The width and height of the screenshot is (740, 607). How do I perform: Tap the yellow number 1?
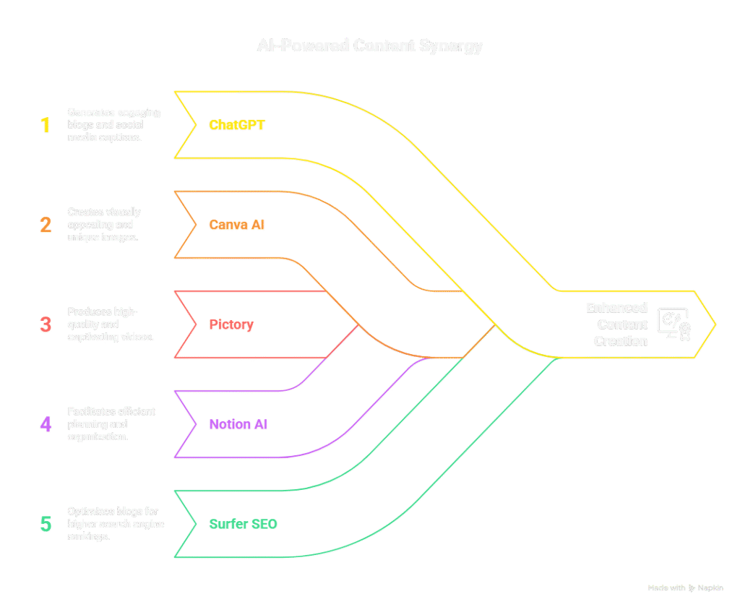coord(46,125)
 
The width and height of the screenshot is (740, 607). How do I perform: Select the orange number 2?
coord(46,225)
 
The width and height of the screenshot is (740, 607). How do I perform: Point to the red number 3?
coord(46,324)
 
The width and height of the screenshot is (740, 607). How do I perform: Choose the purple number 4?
coord(46,424)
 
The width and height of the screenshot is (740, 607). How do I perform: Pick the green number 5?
coord(46,524)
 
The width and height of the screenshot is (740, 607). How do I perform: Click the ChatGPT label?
coord(237,125)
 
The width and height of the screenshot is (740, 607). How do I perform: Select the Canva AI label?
coord(237,225)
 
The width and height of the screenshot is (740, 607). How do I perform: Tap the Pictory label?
coord(231,324)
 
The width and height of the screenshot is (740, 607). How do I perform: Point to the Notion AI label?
coord(238,424)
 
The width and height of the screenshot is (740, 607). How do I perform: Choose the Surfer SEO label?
coord(243,524)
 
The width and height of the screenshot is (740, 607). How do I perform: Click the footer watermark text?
coord(685,588)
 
